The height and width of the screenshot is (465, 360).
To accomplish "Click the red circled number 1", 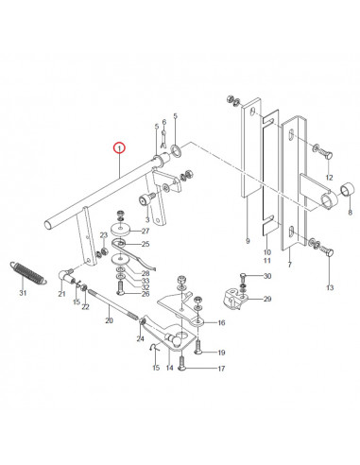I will (118, 146).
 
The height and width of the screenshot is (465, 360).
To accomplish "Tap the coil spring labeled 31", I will (29, 269).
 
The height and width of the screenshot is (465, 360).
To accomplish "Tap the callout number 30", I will (266, 276).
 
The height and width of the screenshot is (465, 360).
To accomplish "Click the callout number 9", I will (248, 242).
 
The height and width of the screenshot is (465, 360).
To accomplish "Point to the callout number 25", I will (171, 244).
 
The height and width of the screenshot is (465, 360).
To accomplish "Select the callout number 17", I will (221, 369).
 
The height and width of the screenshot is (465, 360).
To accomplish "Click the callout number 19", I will (221, 353).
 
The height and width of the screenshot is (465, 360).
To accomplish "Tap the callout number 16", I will (222, 322).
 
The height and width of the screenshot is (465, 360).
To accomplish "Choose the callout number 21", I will (63, 295).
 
